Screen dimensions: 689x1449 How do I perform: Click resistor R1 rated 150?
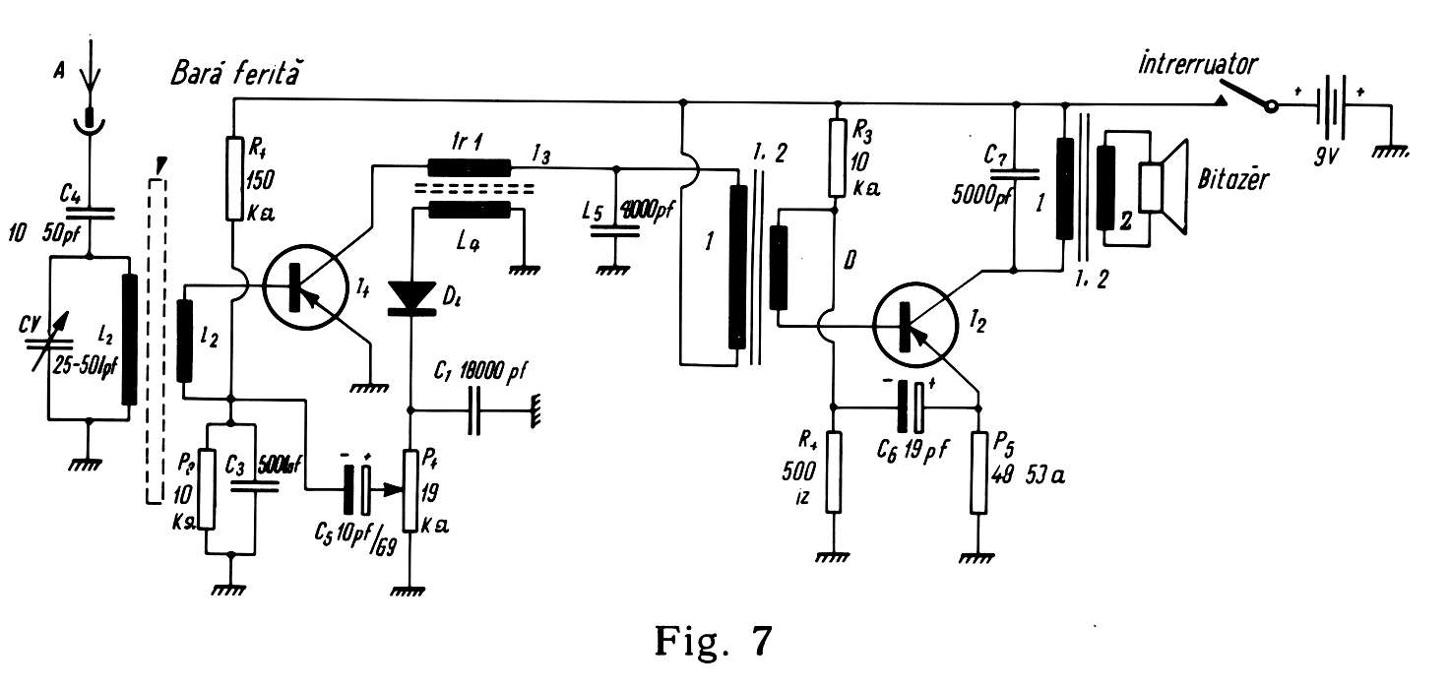pyautogui.click(x=233, y=178)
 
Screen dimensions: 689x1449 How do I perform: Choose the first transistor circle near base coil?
pyautogui.click(x=303, y=286)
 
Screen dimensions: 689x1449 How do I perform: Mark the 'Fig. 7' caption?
pyautogui.click(x=714, y=642)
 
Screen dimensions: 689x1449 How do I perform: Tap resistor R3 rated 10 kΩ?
pyautogui.click(x=837, y=157)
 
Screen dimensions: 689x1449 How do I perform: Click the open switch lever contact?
pyautogui.click(x=1245, y=95)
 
